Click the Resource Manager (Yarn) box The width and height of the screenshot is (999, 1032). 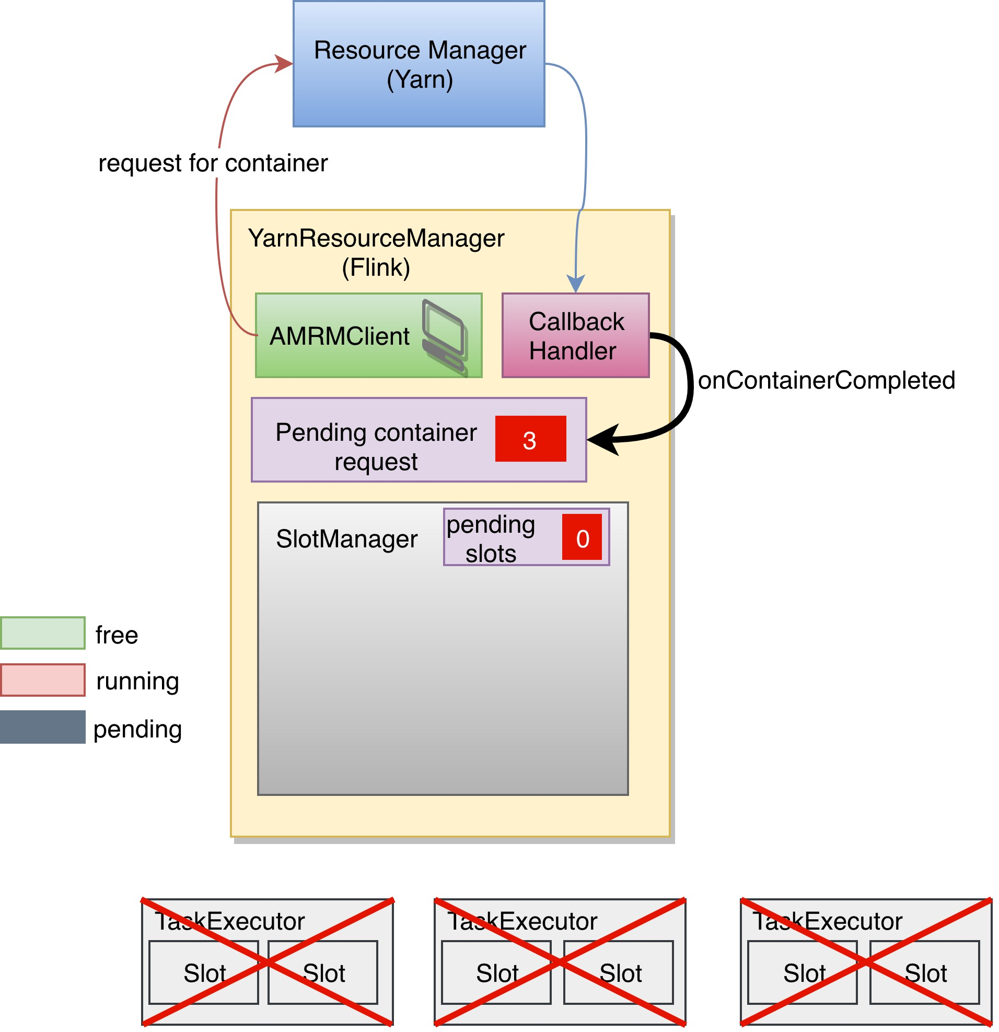[419, 64]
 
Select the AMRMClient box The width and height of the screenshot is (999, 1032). [369, 336]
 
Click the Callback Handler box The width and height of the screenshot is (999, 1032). [576, 336]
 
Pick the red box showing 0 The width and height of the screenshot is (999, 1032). [583, 537]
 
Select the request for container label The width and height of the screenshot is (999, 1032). [213, 163]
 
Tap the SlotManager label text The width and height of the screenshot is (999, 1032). [347, 540]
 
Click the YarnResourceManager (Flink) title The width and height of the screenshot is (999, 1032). [376, 253]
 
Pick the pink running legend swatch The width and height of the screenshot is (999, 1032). [43, 681]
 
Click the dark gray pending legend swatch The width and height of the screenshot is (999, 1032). [43, 728]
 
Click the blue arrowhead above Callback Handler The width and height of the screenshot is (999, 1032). [577, 284]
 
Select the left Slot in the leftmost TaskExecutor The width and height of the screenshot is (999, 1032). [204, 973]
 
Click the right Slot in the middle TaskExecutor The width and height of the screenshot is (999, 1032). [619, 973]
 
